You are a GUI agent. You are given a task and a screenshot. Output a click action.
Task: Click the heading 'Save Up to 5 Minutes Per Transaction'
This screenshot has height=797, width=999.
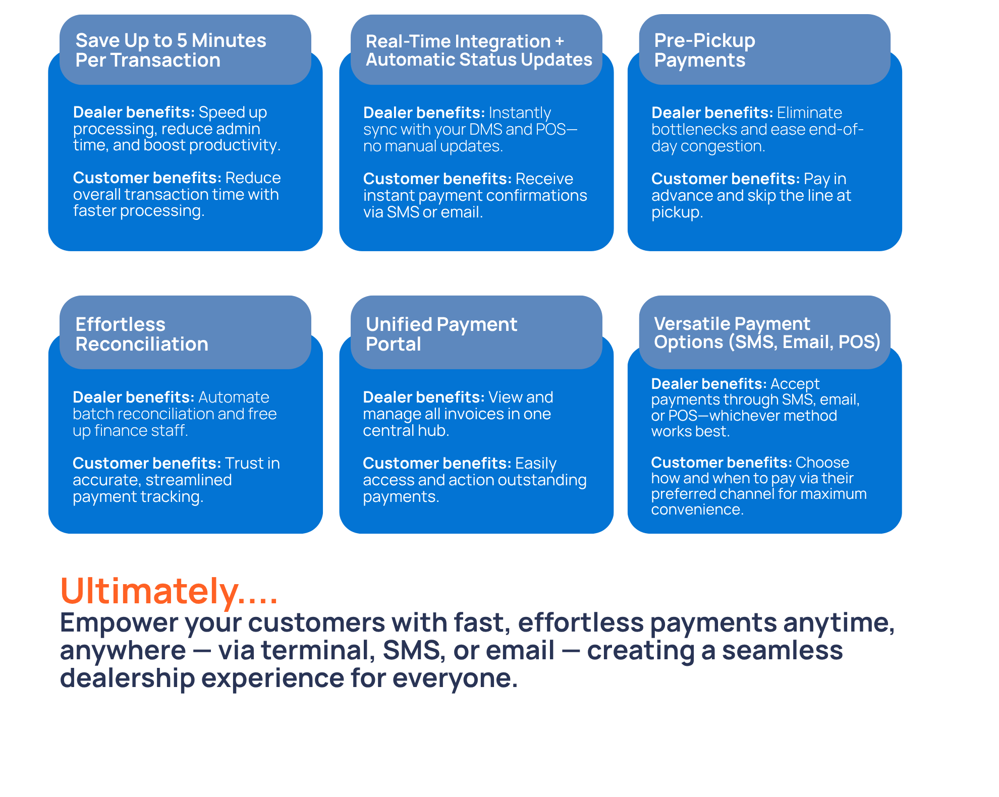[x=171, y=50]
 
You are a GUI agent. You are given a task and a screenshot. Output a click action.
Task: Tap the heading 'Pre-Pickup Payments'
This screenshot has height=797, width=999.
[x=704, y=50]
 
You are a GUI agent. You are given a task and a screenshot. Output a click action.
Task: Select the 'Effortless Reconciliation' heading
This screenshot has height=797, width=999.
[x=142, y=334]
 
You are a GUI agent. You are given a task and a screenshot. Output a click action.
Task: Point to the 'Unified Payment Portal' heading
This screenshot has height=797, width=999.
[x=441, y=334]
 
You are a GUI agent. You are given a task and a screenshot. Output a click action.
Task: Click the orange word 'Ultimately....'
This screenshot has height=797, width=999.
[x=169, y=591]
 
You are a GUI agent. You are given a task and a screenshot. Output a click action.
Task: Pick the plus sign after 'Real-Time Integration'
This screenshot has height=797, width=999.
[x=559, y=41]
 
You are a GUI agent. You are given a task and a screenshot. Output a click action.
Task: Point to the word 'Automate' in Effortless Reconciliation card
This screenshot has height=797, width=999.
[x=234, y=397]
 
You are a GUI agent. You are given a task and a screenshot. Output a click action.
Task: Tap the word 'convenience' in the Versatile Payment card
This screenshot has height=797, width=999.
[x=696, y=509]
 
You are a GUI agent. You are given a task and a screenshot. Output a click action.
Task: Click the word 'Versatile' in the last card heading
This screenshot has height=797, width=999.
[x=690, y=323]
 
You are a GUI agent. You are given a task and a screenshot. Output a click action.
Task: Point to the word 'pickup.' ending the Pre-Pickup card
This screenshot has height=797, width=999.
[x=677, y=212]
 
